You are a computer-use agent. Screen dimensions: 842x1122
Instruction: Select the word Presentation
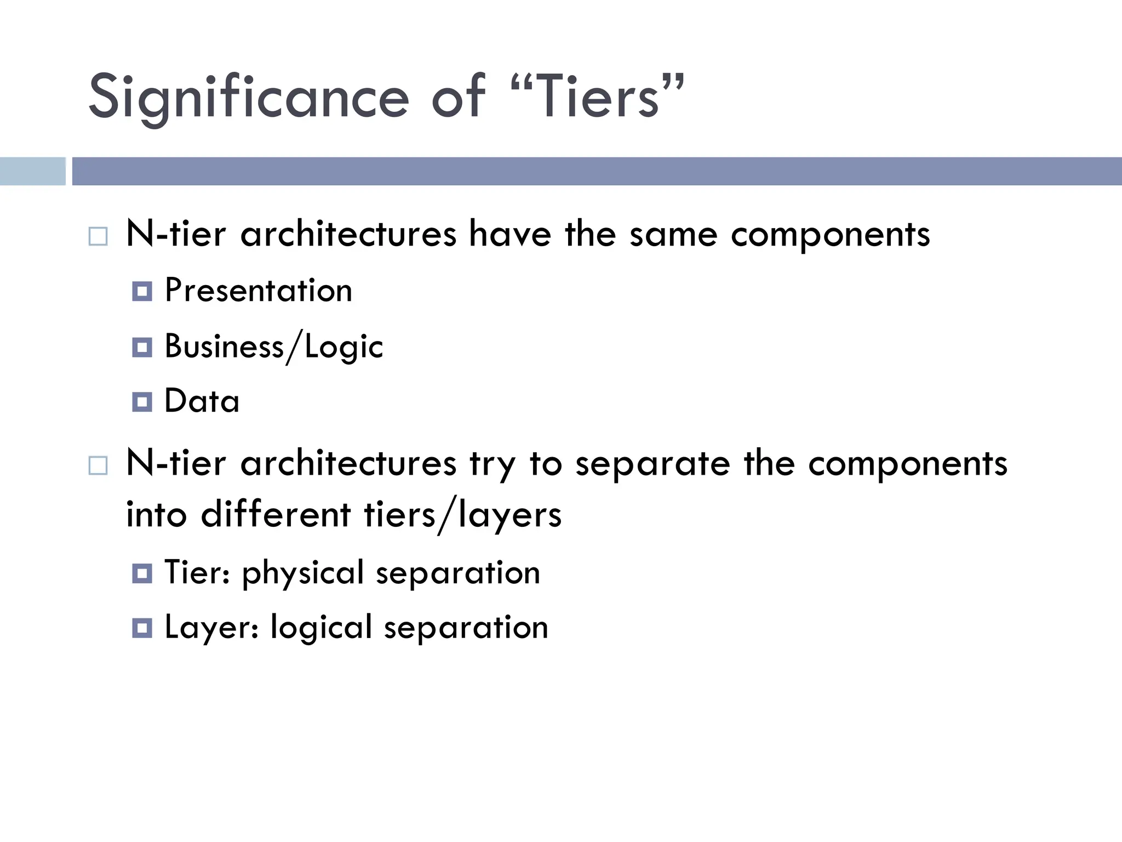point(258,291)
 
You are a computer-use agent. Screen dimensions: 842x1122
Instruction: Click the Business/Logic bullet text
point(273,347)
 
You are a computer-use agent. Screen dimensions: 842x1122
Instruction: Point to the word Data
point(202,401)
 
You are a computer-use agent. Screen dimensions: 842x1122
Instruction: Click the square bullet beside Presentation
point(142,291)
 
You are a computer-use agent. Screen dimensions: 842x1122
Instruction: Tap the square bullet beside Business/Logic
point(142,348)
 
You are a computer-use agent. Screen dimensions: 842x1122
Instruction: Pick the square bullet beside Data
point(142,402)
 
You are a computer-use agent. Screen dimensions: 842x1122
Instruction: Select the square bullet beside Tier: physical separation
point(142,573)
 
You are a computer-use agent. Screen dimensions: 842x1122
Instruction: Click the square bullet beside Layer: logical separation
point(142,628)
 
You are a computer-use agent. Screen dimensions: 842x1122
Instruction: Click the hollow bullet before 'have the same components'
point(98,237)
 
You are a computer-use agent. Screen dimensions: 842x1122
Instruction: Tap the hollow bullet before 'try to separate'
point(98,466)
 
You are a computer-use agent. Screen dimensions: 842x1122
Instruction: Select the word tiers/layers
point(462,515)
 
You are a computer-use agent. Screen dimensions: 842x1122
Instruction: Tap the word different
point(276,515)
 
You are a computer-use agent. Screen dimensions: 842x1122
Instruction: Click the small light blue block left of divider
point(32,171)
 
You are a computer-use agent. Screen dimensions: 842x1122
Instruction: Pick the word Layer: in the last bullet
point(211,628)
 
